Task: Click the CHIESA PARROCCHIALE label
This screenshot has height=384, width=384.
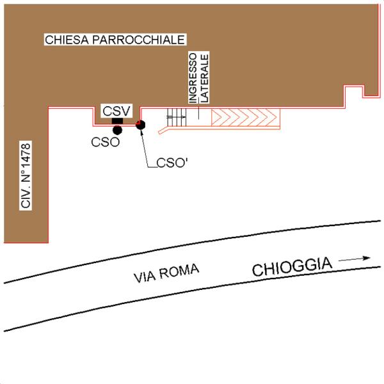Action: (x=115, y=40)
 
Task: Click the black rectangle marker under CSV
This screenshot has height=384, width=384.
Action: (x=117, y=121)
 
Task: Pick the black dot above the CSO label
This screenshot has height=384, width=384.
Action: (x=117, y=130)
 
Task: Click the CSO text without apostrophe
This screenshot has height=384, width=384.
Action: (x=105, y=142)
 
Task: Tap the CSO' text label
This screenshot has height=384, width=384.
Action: (x=171, y=163)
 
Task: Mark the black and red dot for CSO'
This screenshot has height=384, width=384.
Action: (x=141, y=124)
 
